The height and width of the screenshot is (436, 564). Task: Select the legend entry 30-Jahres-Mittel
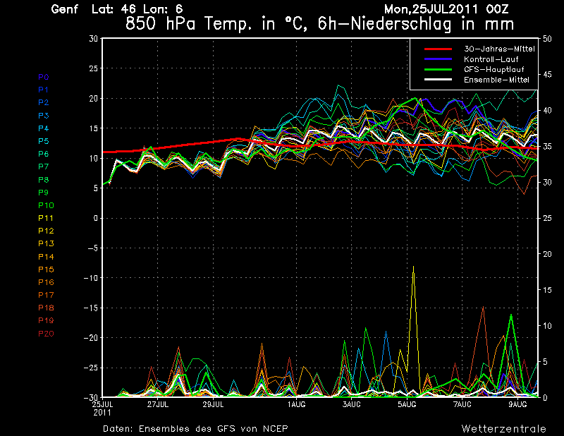point(498,49)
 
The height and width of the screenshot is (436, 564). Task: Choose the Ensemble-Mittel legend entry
point(496,80)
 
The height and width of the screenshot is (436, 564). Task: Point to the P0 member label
point(44,77)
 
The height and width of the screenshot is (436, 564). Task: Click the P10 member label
point(46,205)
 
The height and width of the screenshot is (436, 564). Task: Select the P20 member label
point(46,333)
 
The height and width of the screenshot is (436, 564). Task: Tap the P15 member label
point(46,270)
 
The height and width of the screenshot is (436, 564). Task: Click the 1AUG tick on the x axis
point(296,405)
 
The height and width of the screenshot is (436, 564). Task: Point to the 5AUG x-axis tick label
point(407,405)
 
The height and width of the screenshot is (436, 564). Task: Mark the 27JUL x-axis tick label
point(158,405)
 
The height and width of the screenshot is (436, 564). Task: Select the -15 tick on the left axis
point(90,308)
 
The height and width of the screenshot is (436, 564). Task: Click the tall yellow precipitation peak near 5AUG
point(413,268)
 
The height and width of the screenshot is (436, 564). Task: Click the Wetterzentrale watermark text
point(503,428)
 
